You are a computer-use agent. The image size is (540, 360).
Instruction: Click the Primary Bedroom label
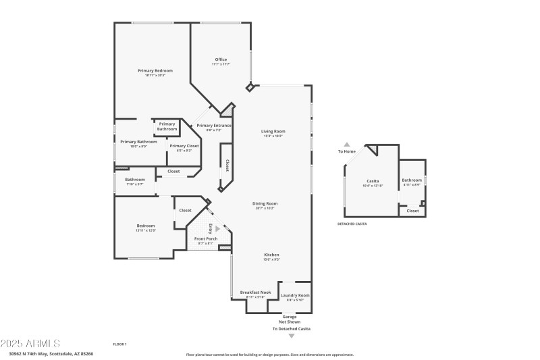click(x=155, y=71)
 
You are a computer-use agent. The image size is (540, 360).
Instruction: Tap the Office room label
click(x=221, y=60)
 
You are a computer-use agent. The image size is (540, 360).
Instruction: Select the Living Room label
click(x=273, y=131)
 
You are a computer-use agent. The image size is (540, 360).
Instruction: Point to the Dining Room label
click(x=265, y=203)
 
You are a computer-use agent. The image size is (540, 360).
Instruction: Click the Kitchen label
click(x=271, y=255)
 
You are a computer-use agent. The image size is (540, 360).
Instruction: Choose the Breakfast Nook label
click(x=255, y=292)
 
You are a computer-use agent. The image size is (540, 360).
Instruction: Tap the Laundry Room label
click(x=295, y=295)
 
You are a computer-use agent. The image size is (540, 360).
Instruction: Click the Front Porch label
click(x=205, y=239)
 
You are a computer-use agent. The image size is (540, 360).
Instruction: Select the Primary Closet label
click(x=184, y=146)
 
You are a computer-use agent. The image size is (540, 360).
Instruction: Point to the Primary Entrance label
click(x=213, y=126)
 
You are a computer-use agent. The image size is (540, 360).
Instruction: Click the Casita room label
click(x=372, y=181)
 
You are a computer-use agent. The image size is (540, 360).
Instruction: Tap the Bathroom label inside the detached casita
click(x=412, y=180)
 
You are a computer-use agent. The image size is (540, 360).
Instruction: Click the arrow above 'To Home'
click(x=347, y=144)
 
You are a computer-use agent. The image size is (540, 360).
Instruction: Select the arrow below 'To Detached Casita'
click(x=292, y=336)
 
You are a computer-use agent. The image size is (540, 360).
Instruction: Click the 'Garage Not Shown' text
click(x=290, y=319)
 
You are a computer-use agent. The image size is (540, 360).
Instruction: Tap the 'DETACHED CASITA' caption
click(x=353, y=224)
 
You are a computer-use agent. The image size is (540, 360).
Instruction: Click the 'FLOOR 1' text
click(x=119, y=344)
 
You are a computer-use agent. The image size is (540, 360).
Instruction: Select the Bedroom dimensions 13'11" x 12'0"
click(x=146, y=231)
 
